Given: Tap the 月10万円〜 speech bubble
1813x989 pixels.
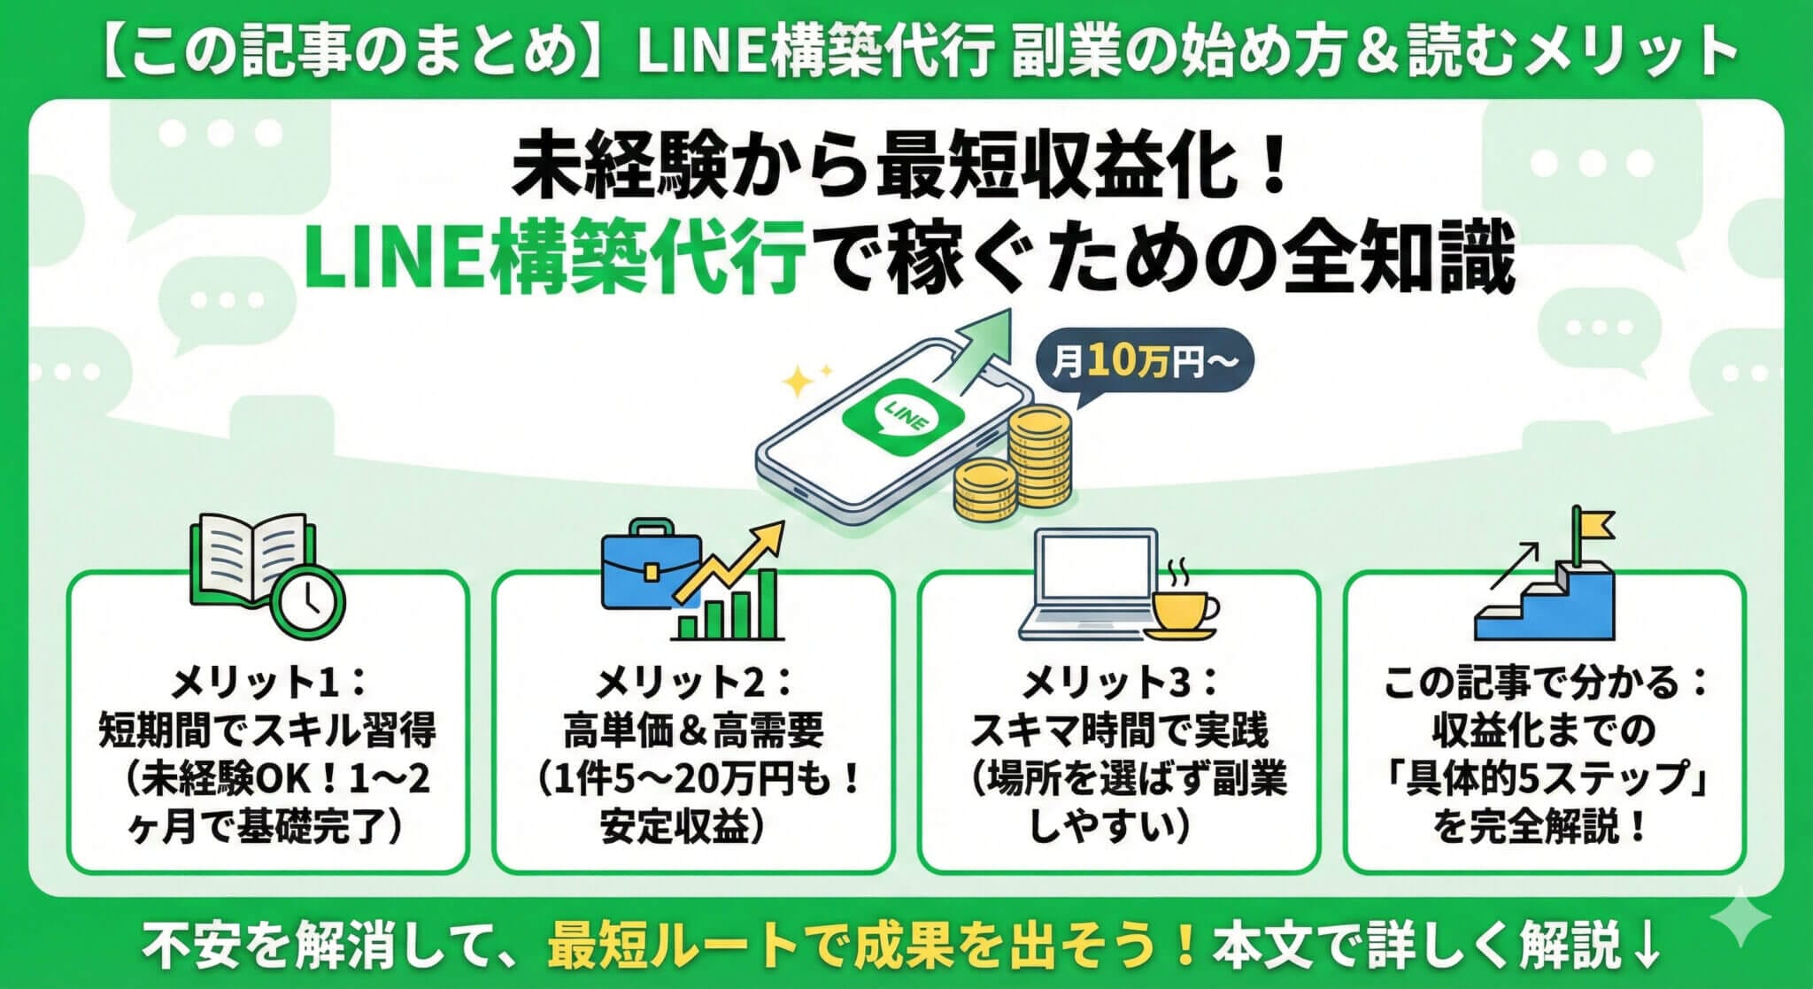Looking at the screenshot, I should [x=1142, y=363].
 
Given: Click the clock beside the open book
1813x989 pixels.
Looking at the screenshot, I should [x=307, y=600].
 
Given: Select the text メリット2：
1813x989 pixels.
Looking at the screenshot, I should [x=693, y=684].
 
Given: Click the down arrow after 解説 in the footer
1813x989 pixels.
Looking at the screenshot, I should [x=1646, y=948].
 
